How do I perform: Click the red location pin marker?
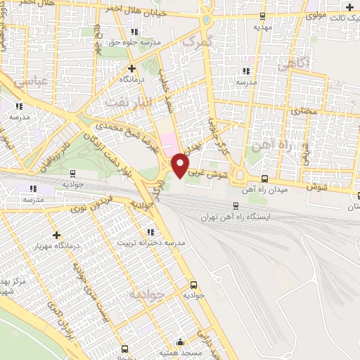point(181,165)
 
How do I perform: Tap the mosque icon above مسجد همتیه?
point(182,343)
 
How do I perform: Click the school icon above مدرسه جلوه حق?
point(134,31)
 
